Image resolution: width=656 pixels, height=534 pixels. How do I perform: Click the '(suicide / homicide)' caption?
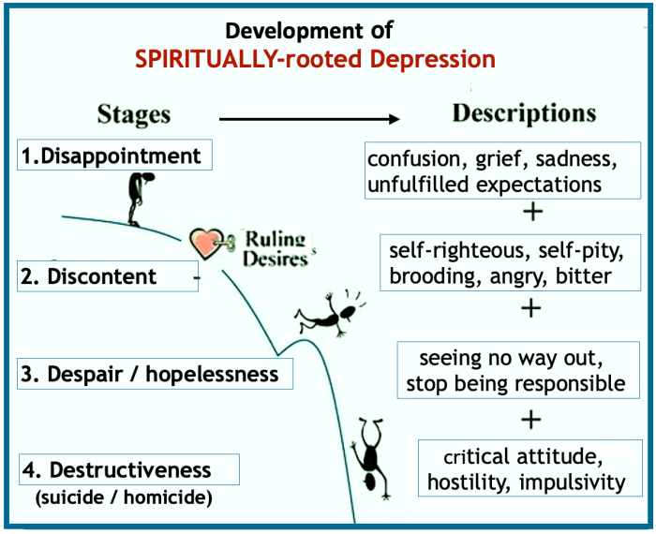pos(125,497)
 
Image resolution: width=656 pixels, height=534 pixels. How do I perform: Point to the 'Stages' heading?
pos(134,114)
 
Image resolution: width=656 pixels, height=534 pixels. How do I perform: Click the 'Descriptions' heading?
pos(524,113)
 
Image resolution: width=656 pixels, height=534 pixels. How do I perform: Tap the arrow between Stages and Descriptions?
pos(309,119)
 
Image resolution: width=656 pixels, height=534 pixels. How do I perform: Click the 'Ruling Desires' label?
pos(276,248)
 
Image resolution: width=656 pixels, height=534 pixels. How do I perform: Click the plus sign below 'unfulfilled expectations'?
pos(532,212)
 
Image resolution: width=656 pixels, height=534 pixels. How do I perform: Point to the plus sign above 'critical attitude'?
pos(532,417)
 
